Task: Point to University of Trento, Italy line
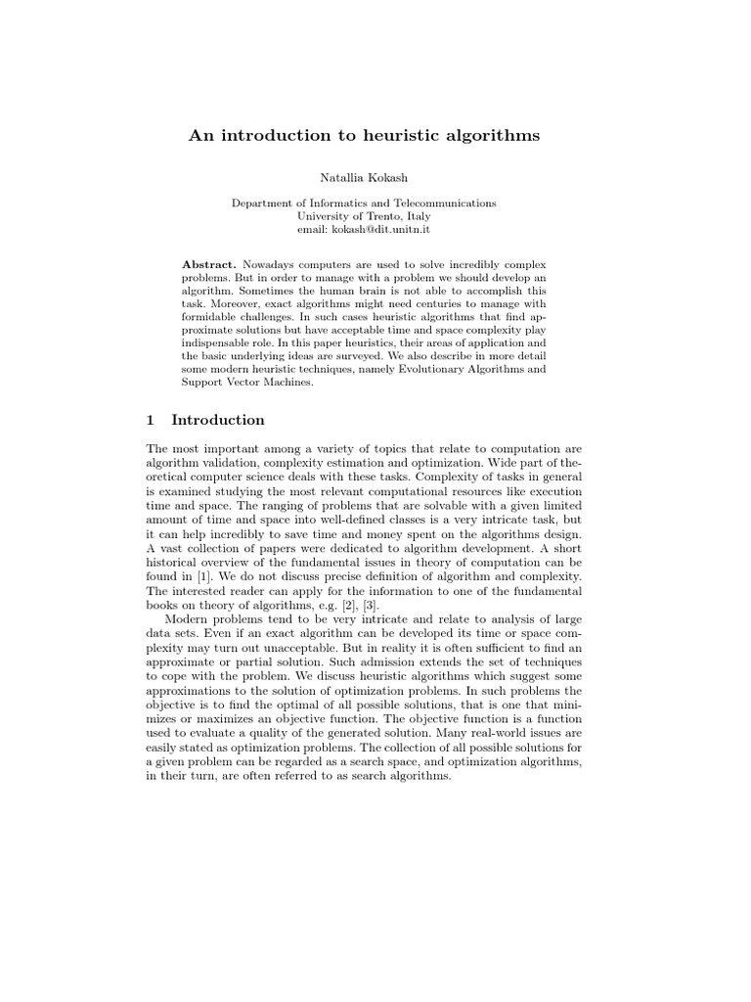tap(364, 216)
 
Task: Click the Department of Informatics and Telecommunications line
tap(363, 204)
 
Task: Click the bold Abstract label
tap(208, 266)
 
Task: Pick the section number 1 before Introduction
tap(150, 420)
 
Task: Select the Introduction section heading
tap(218, 420)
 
